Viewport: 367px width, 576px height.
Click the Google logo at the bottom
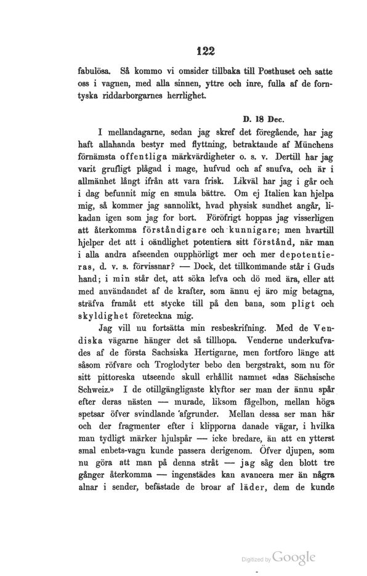[294, 558]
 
